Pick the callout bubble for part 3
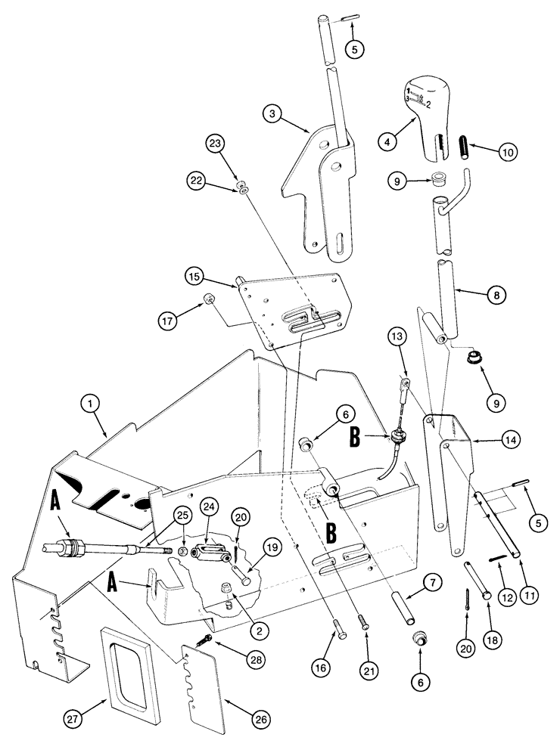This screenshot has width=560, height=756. pyautogui.click(x=274, y=115)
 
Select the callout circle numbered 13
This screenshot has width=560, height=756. pyautogui.click(x=399, y=336)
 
